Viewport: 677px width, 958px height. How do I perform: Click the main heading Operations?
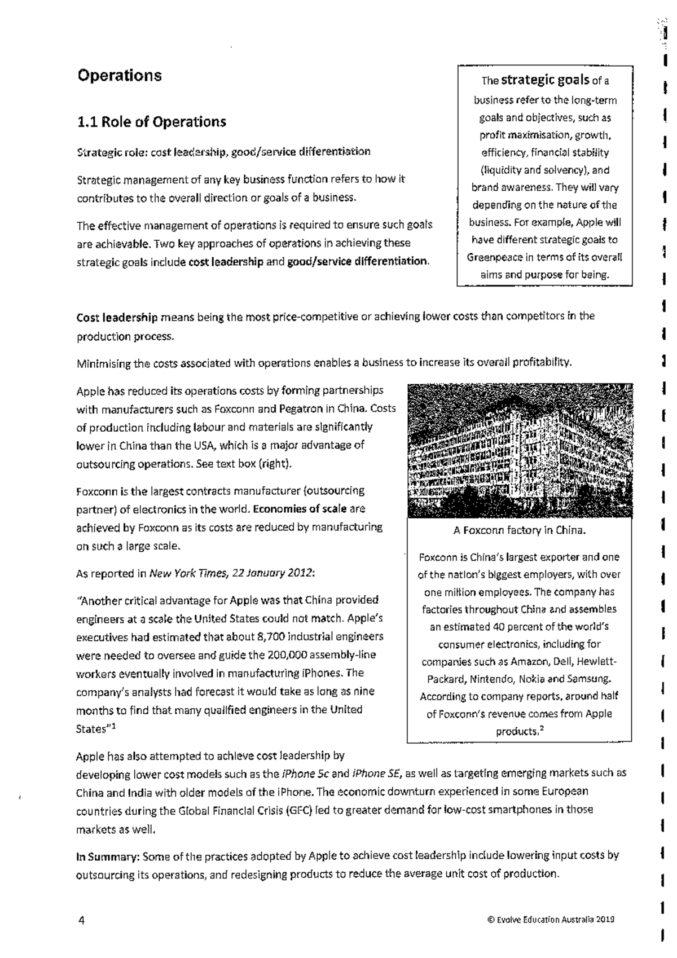pos(119,76)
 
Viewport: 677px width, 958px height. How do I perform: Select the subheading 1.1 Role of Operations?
pos(151,122)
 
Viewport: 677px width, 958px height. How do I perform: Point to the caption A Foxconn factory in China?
pos(519,530)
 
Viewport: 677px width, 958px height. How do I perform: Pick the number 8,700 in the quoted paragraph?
pos(271,637)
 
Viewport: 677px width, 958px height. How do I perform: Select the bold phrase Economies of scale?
pos(300,509)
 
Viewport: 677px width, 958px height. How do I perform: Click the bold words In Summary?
pos(108,856)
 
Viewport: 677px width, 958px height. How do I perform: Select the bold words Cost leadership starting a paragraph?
pos(117,317)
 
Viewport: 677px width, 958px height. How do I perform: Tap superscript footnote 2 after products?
pos(541,729)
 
